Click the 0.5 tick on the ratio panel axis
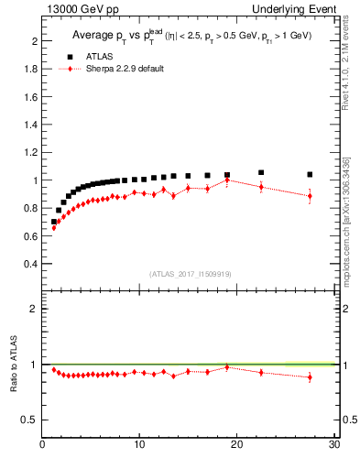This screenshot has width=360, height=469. [x=30, y=420]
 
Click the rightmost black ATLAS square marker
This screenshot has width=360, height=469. [x=310, y=174]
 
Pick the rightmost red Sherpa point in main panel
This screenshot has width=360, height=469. [x=310, y=196]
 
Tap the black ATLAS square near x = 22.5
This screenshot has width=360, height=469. [x=261, y=172]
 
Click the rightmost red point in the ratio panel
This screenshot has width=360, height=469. [x=310, y=376]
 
